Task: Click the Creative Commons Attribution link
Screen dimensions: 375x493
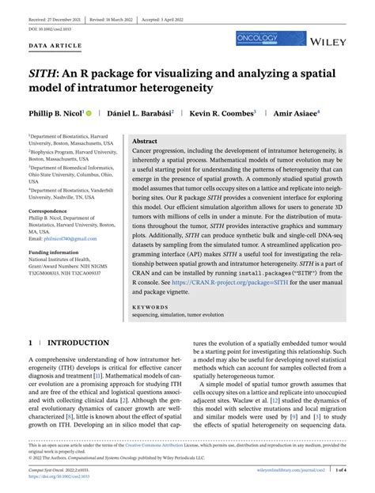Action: (x=190, y=446)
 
